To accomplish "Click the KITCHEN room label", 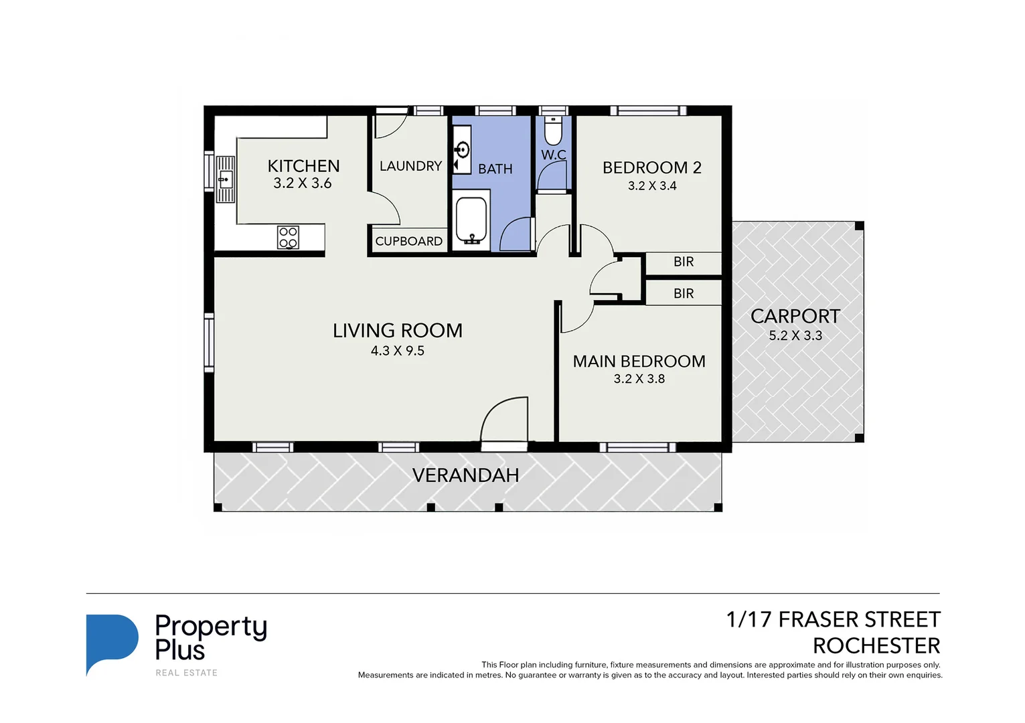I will (303, 166).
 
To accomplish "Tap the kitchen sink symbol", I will (225, 179).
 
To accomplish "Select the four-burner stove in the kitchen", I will (289, 237).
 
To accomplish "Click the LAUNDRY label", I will (410, 166).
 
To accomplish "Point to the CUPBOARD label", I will (408, 241).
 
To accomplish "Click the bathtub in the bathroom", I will (472, 220).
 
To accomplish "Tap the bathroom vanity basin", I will (462, 150).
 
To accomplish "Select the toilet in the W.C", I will (553, 131).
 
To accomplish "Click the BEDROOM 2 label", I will (651, 167).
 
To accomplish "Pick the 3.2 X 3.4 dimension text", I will (651, 186).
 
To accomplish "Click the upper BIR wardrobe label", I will (684, 262).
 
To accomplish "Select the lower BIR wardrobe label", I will (684, 293).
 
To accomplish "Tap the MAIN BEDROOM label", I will (639, 361).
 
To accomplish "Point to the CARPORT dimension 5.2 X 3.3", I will (795, 335).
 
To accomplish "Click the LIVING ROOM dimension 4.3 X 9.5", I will (398, 351).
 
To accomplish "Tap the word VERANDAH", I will (465, 475).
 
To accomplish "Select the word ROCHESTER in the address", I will (876, 646).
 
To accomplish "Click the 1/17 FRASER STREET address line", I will (833, 620).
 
